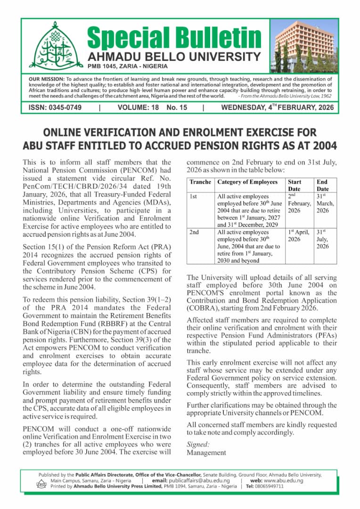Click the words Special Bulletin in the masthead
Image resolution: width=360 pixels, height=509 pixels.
(174, 38)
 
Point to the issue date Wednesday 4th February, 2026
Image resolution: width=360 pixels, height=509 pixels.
(277, 107)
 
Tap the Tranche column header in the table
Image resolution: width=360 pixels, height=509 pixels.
(200, 182)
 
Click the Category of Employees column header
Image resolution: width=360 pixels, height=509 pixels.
(247, 182)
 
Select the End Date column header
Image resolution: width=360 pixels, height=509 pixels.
(322, 185)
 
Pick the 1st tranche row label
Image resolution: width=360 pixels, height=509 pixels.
(193, 197)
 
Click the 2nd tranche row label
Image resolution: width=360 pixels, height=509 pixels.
(194, 232)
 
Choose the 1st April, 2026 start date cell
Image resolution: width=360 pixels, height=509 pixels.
(299, 236)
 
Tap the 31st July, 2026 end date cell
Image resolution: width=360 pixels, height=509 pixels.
(323, 239)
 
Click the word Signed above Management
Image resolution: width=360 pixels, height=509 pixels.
(198, 444)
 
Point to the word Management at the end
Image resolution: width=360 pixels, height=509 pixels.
(206, 452)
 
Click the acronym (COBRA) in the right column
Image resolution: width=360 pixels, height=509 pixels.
(204, 308)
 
